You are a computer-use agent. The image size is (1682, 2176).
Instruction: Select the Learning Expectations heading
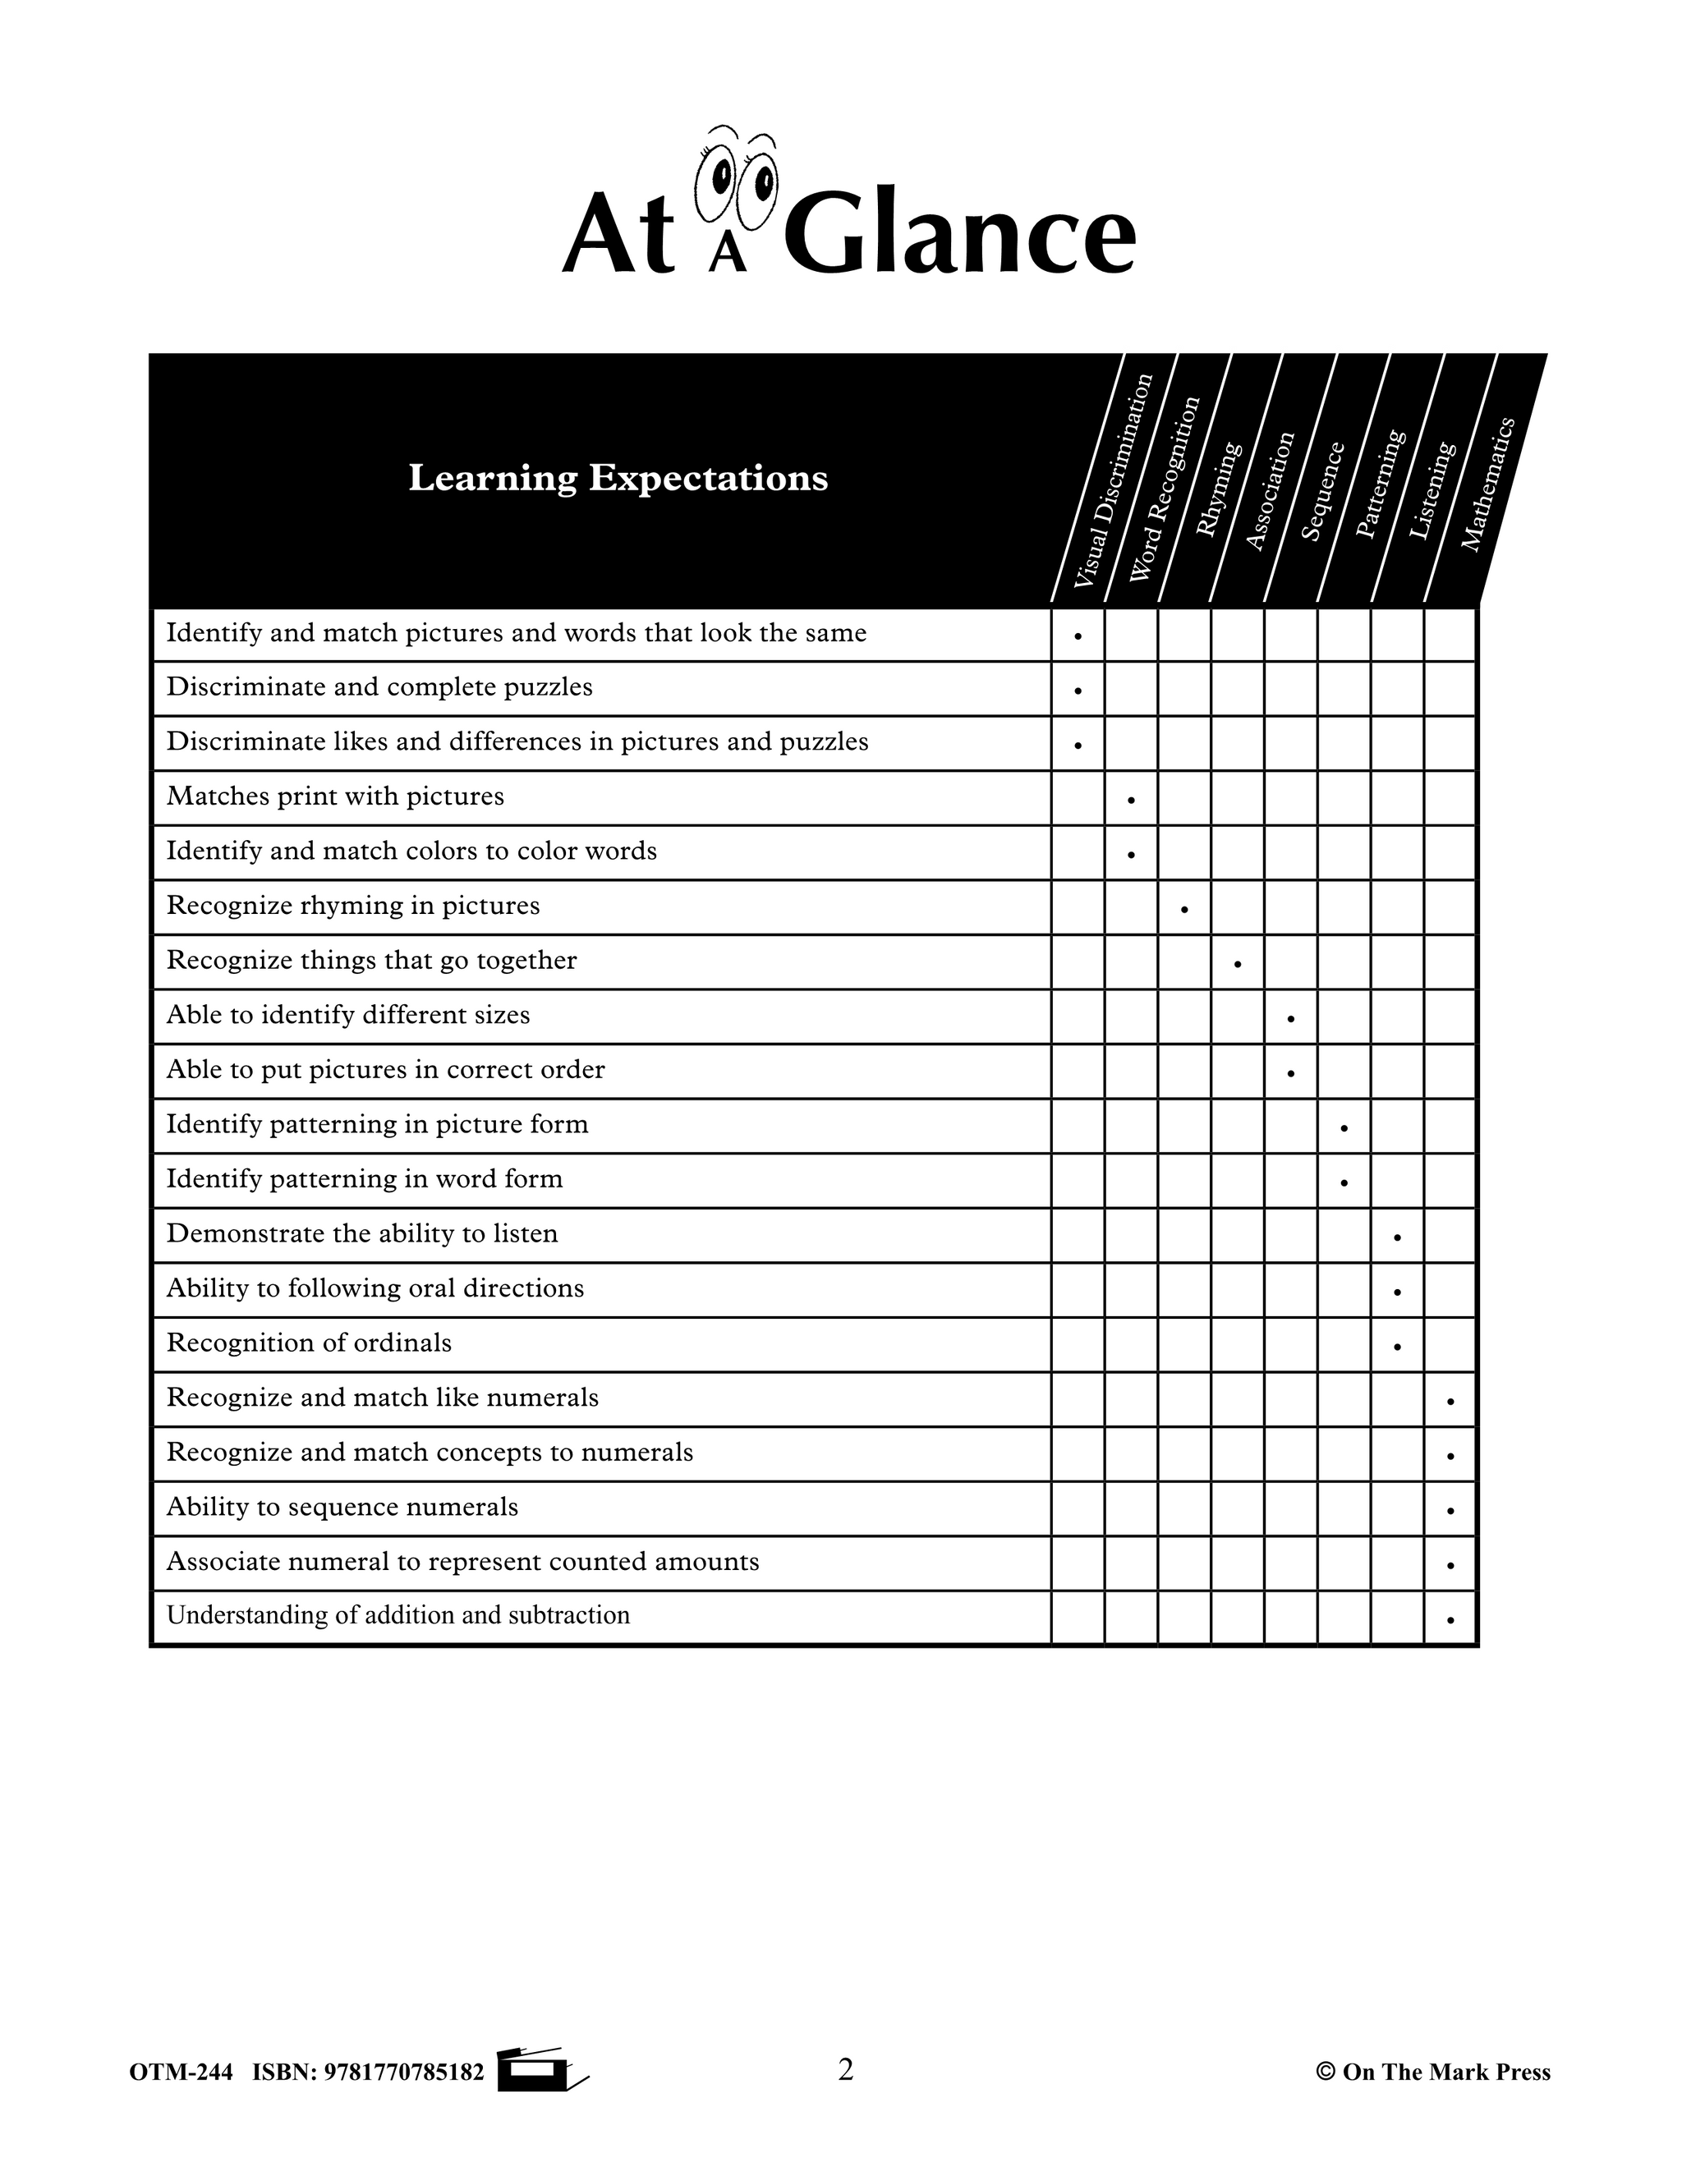618,478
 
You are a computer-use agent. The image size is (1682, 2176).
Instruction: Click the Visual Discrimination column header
1113,480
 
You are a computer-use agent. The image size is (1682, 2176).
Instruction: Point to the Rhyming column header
1220,489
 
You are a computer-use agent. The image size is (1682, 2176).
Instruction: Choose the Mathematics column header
1487,484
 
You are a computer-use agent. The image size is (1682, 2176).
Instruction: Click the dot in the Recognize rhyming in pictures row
1183,909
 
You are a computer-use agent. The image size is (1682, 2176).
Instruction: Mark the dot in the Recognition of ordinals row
1398,1346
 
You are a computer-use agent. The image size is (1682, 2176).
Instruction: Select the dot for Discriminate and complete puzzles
1078,691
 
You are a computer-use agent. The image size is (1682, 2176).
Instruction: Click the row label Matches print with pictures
335,796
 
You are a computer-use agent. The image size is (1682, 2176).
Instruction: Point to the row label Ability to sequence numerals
342,1507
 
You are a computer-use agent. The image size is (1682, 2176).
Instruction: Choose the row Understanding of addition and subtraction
398,1615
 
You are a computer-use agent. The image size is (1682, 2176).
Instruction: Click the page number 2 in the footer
845,2069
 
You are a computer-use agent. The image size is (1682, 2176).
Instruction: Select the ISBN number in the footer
368,2073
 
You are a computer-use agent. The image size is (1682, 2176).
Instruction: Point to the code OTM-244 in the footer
181,2073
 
